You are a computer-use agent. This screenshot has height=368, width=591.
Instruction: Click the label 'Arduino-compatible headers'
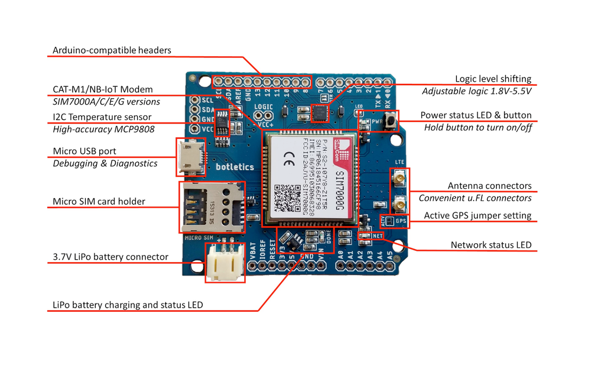[x=112, y=50]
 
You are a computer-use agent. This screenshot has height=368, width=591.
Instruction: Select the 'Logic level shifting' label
[x=493, y=79]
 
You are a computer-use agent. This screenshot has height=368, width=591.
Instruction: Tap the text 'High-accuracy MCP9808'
[x=103, y=129]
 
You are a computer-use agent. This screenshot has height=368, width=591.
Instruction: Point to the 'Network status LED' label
[x=491, y=245]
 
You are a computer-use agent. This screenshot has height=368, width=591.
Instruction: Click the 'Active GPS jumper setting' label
[x=478, y=215]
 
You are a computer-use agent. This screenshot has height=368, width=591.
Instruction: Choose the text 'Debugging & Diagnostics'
[x=105, y=163]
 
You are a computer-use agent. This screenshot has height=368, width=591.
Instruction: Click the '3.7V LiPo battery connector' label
[x=111, y=257]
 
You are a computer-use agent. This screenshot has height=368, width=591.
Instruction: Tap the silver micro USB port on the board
[x=190, y=157]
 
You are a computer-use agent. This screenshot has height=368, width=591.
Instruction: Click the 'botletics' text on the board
[x=235, y=167]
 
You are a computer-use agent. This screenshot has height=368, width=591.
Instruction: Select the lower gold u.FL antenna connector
[x=400, y=205]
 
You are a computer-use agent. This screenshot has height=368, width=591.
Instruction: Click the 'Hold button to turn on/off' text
[x=478, y=127]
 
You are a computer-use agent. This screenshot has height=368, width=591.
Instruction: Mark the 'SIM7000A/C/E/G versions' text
[x=106, y=102]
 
